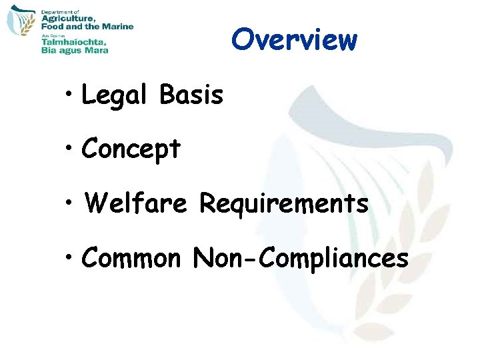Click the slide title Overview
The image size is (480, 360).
point(294,40)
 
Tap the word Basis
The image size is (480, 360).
point(191,96)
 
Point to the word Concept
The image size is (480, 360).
point(131,150)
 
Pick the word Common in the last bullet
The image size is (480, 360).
point(131,257)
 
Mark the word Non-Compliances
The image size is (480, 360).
point(301,257)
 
